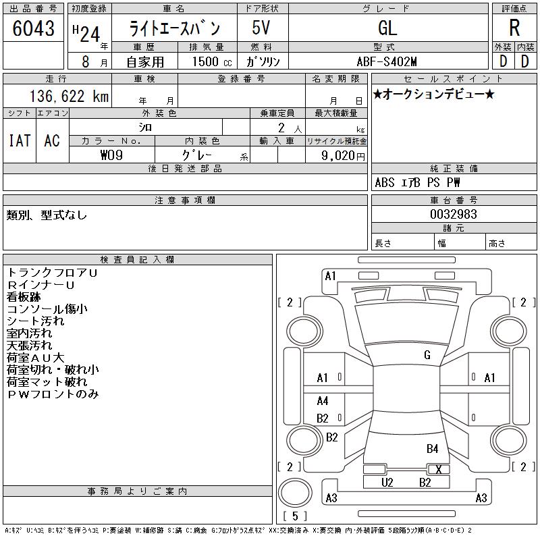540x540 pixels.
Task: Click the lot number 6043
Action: [x=33, y=28]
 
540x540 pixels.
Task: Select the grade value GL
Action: [x=387, y=28]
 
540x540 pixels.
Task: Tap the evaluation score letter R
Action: [x=514, y=28]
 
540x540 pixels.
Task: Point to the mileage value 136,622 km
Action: [x=70, y=96]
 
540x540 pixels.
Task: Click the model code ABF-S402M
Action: [x=387, y=61]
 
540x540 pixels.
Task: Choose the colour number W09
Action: [x=111, y=155]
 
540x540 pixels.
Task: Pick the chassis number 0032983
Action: [x=454, y=214]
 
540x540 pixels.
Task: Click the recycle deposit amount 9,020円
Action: [x=343, y=155]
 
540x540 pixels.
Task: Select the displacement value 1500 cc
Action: [x=212, y=61]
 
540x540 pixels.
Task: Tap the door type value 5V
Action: [x=261, y=28]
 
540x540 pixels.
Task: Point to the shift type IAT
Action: [x=20, y=140]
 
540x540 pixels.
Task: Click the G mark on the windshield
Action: [x=427, y=355]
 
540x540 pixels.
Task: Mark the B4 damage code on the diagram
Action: [x=432, y=449]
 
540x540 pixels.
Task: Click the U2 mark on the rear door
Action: [x=387, y=483]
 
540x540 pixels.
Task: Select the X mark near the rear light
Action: [x=438, y=469]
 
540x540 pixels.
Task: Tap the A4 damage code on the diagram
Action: [x=323, y=401]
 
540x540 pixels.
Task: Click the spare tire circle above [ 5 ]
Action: [x=295, y=493]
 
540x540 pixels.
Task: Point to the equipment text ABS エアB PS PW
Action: [x=417, y=182]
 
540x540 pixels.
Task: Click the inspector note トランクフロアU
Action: [x=53, y=273]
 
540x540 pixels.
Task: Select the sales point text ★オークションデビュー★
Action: [x=433, y=94]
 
